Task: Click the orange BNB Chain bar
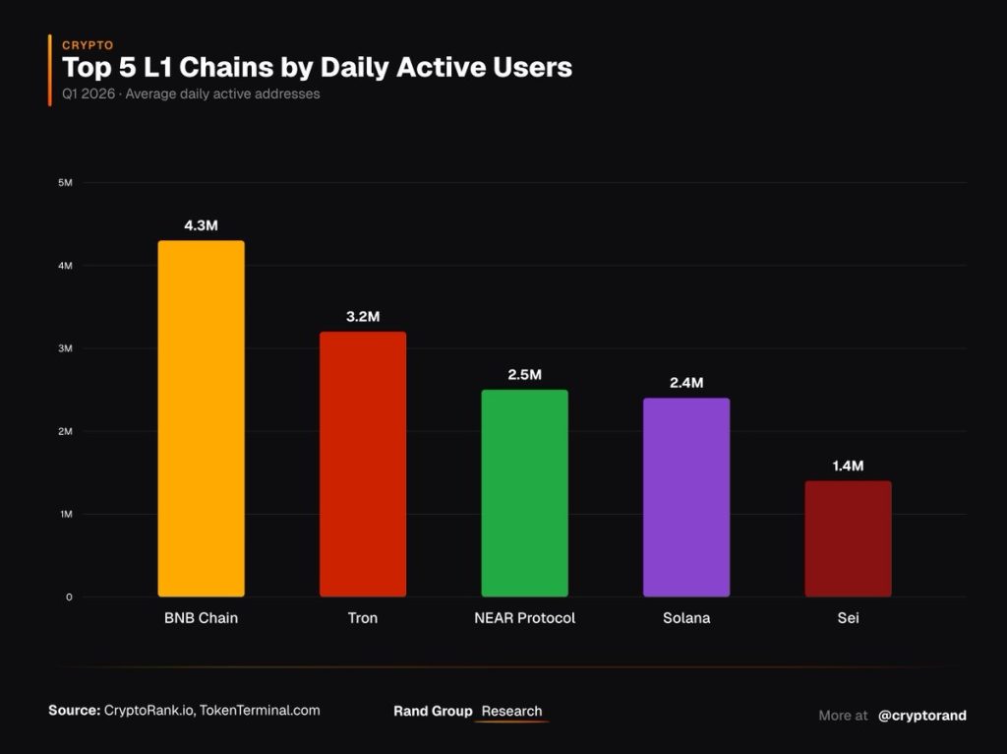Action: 201,418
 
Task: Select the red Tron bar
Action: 363,464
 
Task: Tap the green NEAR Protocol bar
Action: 524,492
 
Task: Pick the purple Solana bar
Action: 686,497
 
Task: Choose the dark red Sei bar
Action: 848,538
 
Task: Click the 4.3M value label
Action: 201,225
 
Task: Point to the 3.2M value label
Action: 363,316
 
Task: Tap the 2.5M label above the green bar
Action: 524,375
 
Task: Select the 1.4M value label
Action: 848,466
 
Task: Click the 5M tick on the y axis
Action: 66,183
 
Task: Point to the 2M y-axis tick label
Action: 66,431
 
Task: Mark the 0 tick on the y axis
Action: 69,597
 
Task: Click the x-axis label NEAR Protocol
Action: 524,618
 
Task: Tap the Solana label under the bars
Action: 686,618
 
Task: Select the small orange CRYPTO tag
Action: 88,45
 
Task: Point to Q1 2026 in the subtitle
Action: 88,94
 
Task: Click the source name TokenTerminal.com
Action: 261,710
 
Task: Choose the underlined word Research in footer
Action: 511,711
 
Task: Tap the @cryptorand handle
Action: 922,716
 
